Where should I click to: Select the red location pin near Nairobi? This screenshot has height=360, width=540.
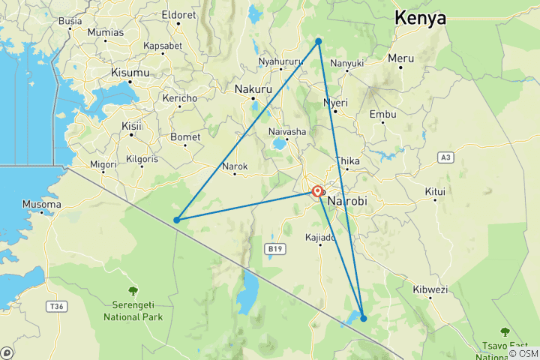[x=318, y=192]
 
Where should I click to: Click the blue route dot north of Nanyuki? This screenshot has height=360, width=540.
[x=319, y=41]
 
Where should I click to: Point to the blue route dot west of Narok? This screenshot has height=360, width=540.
[x=176, y=220]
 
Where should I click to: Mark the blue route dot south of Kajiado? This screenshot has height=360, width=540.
[x=364, y=318]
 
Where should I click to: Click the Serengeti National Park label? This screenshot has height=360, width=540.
[x=133, y=311]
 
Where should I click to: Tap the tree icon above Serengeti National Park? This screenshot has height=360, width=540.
[x=133, y=291]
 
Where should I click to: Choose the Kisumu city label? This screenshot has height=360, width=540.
[x=130, y=73]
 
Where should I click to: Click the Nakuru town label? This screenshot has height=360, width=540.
[x=252, y=88]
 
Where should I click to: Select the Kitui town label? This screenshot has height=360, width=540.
[x=435, y=191]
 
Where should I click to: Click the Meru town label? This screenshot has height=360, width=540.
[x=400, y=58]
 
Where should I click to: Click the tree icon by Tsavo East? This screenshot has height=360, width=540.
[x=505, y=331]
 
